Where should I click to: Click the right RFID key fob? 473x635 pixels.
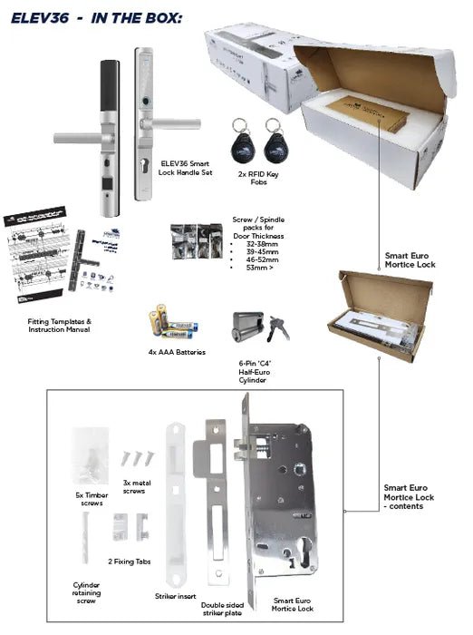273,135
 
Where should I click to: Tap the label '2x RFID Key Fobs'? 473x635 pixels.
256,176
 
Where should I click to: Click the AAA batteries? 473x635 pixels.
177,321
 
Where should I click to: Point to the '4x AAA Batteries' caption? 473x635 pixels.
177,351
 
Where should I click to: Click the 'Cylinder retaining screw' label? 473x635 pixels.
86,594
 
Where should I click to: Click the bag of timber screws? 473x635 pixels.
91,458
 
